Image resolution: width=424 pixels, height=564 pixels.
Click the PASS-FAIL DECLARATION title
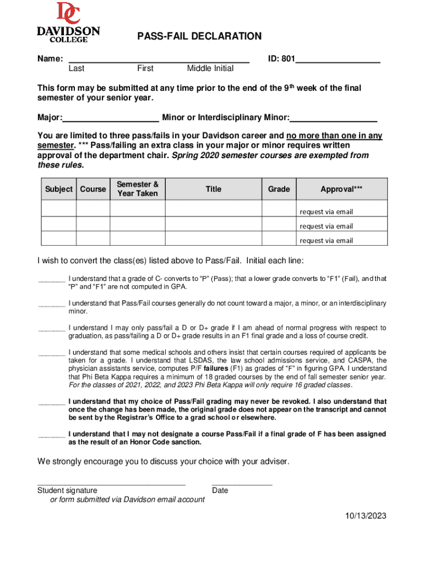tap(199, 37)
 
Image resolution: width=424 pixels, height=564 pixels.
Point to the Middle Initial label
tap(210, 69)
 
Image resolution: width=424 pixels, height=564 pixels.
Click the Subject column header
tap(59, 189)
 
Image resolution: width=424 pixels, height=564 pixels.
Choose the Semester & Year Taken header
tap(138, 189)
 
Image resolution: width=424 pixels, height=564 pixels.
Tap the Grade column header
tap(279, 189)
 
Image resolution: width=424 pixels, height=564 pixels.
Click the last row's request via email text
tap(327, 240)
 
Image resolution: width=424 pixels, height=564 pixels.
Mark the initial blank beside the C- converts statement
tap(51, 280)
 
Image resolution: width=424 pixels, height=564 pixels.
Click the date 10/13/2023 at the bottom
tap(366, 516)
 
